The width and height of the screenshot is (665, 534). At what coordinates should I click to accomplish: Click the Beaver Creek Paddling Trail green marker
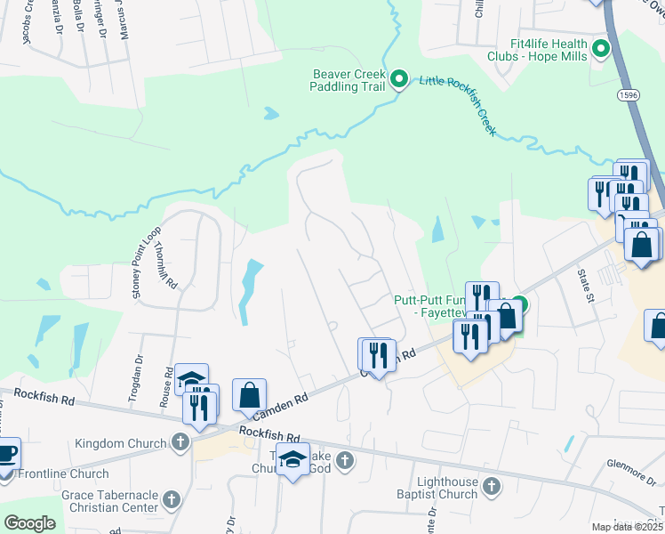tap(399, 79)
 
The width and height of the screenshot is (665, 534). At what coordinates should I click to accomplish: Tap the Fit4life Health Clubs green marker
tap(600, 48)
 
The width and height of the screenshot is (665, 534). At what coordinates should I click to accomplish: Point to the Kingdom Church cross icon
tap(180, 442)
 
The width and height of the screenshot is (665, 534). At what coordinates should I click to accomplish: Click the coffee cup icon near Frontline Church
tap(6, 455)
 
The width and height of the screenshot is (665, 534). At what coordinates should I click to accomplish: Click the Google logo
tap(29, 523)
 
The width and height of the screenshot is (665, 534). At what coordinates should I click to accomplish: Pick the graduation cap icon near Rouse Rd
tap(191, 378)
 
